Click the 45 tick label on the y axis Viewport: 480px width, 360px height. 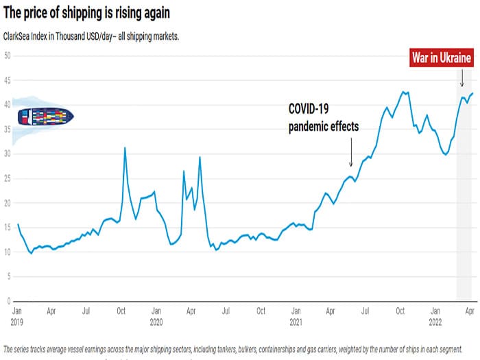(7, 80)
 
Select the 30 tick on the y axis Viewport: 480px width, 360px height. (7, 154)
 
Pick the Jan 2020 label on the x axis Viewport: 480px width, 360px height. (156, 315)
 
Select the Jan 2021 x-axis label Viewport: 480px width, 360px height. (296, 315)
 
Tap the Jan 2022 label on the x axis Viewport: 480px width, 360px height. (435, 315)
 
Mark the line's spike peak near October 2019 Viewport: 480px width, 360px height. (124, 147)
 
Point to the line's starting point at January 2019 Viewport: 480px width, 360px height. (18, 224)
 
